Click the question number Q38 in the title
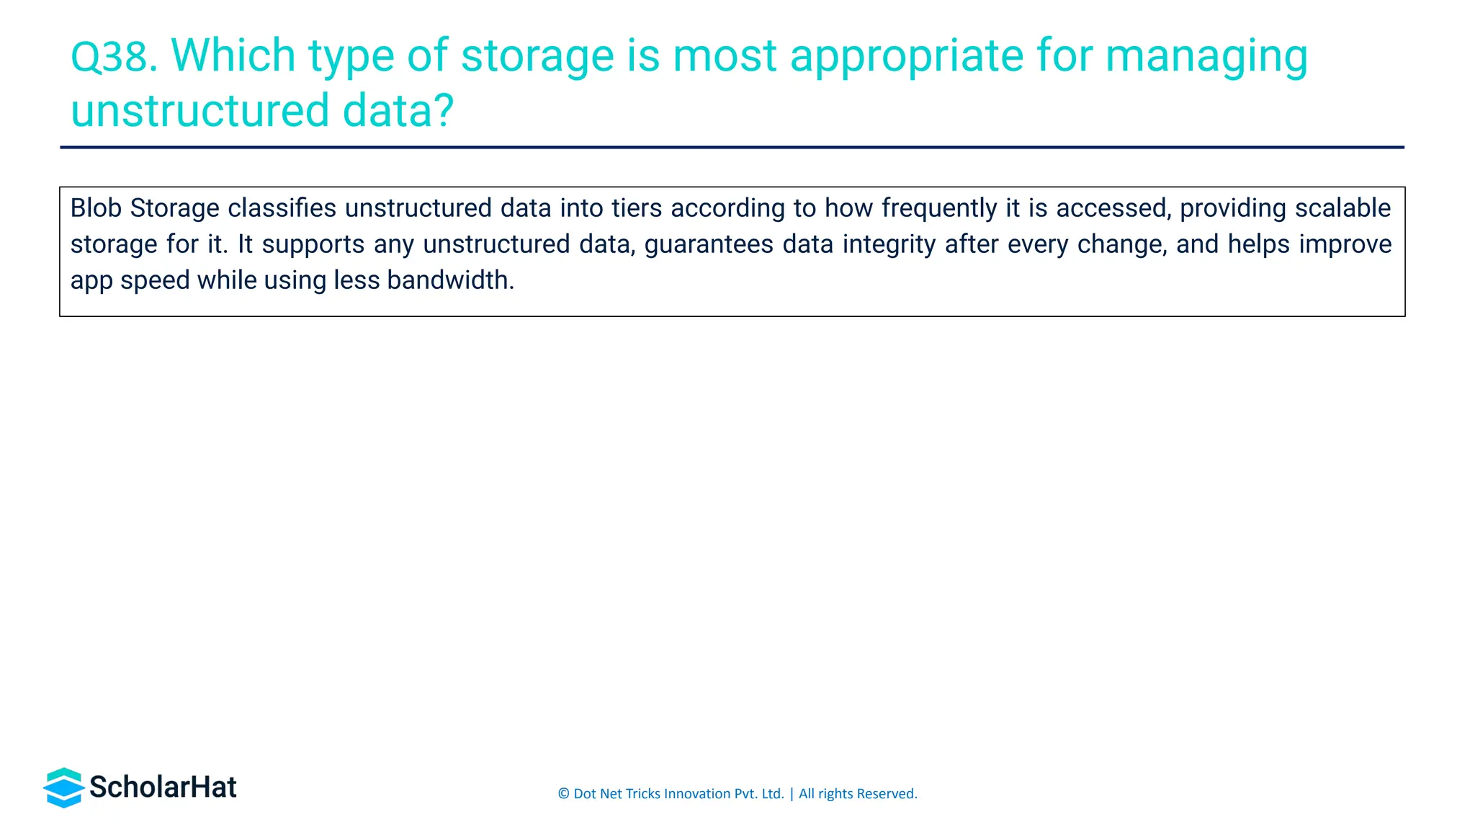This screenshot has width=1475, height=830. tap(113, 56)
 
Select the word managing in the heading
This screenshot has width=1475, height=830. tap(1206, 56)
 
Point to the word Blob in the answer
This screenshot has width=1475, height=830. tap(96, 208)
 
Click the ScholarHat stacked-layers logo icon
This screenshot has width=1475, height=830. tap(64, 787)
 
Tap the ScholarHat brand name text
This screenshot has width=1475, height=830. tap(163, 787)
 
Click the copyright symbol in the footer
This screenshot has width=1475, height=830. tap(563, 794)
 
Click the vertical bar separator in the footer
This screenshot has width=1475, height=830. tap(792, 794)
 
